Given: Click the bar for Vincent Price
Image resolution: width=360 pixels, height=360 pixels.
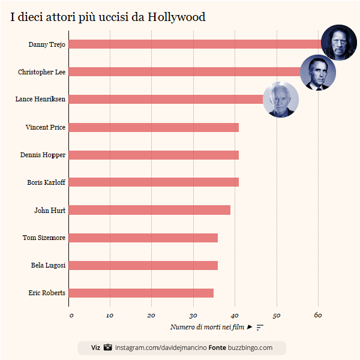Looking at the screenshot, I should tap(154, 127).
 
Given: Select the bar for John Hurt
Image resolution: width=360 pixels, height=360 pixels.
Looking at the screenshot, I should tap(150, 210).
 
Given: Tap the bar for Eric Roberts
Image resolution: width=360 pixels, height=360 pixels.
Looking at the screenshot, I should tap(142, 293).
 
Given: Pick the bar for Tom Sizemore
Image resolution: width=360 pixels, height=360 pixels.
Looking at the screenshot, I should tap(143, 238).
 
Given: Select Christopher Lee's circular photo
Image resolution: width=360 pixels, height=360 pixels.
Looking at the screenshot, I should tap(317, 73).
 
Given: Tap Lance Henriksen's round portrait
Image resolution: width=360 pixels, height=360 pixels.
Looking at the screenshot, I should tap(281, 100).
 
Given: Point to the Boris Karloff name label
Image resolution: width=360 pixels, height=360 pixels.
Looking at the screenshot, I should tap(46, 182).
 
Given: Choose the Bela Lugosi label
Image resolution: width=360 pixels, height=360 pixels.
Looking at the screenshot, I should tap(48, 265).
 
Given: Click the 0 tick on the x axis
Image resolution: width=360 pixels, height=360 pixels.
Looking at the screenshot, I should tap(70, 316).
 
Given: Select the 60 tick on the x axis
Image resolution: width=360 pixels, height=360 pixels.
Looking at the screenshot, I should tap(318, 316).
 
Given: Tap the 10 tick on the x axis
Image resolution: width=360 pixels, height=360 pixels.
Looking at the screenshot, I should tap(110, 316).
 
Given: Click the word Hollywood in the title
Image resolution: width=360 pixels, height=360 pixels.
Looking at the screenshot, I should tap(176, 17).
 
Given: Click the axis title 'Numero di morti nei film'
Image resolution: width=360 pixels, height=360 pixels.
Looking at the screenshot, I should tap(207, 327).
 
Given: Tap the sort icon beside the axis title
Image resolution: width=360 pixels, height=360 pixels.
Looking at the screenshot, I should tap(260, 327).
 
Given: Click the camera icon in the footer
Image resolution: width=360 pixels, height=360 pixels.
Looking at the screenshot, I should tap(108, 347).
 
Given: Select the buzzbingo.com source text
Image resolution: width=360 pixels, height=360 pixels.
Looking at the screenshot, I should tap(250, 348).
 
